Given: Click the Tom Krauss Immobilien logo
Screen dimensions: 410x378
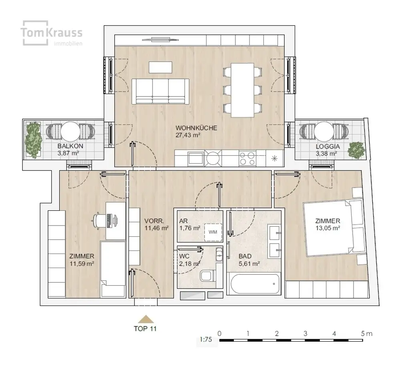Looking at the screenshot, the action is (52, 33).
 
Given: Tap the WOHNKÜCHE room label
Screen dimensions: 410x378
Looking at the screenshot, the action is (196, 128).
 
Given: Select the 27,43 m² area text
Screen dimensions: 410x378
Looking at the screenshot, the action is (188, 135).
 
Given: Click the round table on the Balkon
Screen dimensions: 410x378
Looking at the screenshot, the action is (70, 131).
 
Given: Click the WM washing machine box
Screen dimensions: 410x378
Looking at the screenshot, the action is (213, 232).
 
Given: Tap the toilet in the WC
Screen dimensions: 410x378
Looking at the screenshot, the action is (207, 276).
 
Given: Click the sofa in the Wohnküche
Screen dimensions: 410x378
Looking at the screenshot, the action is (160, 92).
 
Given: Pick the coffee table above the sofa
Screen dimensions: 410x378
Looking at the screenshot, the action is (161, 67).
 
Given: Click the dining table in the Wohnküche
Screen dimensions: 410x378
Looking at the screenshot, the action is (242, 90).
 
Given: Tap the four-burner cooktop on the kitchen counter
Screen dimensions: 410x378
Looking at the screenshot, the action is (247, 158).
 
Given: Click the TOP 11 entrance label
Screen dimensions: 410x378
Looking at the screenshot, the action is (145, 329).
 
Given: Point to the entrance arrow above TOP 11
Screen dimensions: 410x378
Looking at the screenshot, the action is (146, 320).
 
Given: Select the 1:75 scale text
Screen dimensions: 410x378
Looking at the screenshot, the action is (206, 339).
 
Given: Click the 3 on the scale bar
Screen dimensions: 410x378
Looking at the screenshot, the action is (305, 333).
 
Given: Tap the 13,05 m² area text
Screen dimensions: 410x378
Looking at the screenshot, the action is (328, 228).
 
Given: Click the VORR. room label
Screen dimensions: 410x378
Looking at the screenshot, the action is (154, 221).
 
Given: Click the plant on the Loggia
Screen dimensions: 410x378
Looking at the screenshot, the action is (356, 150).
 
